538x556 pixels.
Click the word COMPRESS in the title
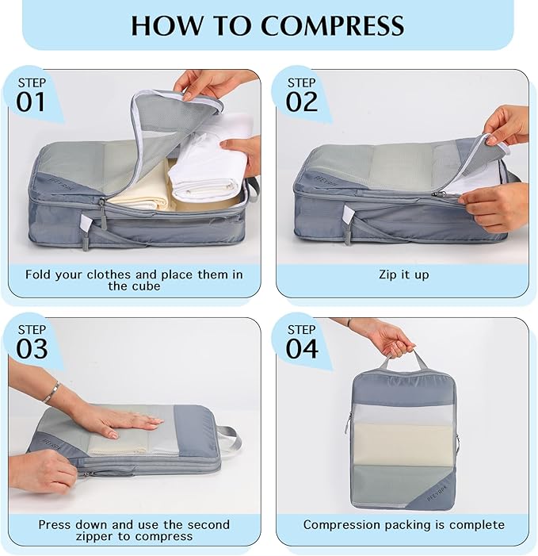coord(333,25)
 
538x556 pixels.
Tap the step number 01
coord(32,102)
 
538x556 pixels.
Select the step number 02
coord(301,102)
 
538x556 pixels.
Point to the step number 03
coord(32,349)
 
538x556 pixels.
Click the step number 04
coord(302,349)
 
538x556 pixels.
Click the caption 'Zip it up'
coord(403,275)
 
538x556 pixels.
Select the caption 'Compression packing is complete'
coord(403,524)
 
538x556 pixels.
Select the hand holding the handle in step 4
coord(388,337)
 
